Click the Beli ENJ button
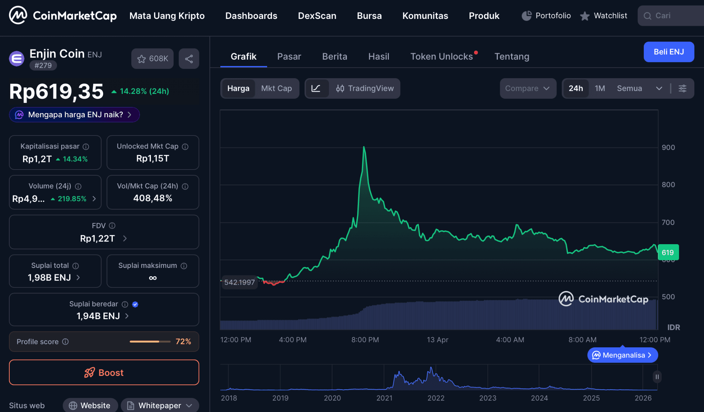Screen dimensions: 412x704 click(669, 52)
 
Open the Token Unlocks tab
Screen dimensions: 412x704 click(441, 57)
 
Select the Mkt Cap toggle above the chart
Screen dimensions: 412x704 click(276, 88)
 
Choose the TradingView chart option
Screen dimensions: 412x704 click(365, 88)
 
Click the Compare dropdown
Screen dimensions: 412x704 click(528, 88)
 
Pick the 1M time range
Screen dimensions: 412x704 click(600, 88)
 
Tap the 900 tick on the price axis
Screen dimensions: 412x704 click(668, 148)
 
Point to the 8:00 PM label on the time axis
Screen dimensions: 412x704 click(365, 340)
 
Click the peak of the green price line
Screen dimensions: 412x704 click(364, 148)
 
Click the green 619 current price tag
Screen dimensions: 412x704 click(668, 252)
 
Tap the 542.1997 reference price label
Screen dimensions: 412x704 click(240, 282)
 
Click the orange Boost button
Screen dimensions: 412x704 click(104, 372)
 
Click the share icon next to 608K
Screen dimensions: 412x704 click(189, 59)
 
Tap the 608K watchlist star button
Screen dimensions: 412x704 click(152, 59)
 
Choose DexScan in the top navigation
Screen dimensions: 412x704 click(317, 16)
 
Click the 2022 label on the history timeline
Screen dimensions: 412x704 click(436, 398)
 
